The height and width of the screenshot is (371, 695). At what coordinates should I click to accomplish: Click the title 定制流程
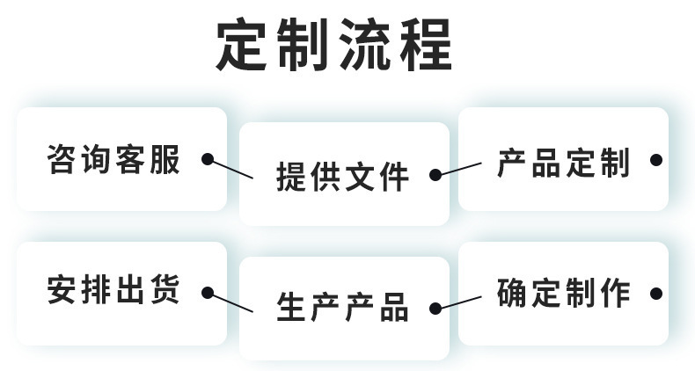(334, 46)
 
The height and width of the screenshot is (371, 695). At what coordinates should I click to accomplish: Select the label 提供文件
(342, 176)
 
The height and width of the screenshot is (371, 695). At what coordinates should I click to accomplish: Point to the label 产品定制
(563, 163)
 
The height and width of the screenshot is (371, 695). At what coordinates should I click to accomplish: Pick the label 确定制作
(563, 292)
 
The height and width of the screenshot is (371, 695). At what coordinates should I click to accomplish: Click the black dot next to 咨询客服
(208, 159)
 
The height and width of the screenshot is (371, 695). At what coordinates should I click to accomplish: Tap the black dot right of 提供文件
(435, 175)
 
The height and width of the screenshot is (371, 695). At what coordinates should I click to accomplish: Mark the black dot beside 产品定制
(655, 160)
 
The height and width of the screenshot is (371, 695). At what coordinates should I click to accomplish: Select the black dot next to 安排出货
(208, 292)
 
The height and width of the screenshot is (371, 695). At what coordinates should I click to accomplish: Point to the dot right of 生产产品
(435, 309)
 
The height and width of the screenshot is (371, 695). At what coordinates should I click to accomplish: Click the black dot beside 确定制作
(655, 293)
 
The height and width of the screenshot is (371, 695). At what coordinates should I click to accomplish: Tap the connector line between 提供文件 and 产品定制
(459, 168)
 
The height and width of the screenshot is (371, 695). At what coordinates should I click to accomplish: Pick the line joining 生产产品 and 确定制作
(459, 302)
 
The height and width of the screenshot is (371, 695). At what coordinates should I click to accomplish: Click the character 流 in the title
(365, 46)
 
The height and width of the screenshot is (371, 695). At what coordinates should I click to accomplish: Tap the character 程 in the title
(425, 46)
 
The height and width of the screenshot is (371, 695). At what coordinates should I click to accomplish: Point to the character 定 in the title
(244, 46)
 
